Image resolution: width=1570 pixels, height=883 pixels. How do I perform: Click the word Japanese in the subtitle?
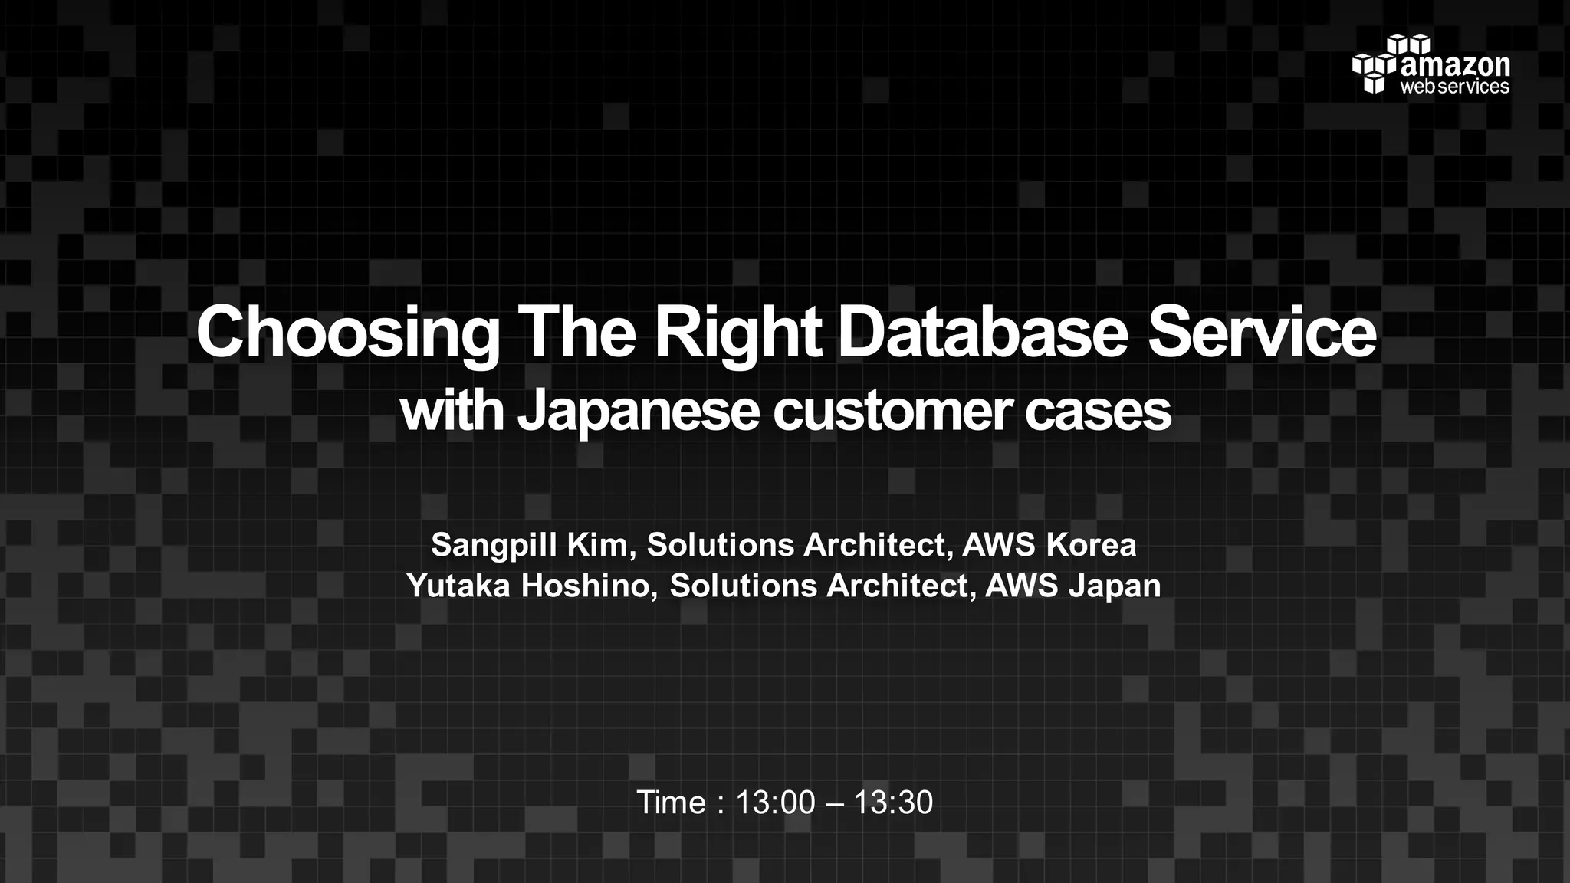(x=638, y=412)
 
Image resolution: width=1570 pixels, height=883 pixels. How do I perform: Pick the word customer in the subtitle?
(x=893, y=412)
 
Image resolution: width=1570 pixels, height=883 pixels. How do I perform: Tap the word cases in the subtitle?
(x=1098, y=412)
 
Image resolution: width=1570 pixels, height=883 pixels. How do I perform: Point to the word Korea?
(x=1091, y=545)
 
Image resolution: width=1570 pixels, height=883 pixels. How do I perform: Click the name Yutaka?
(x=458, y=586)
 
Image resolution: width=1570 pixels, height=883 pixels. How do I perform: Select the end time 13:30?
(x=893, y=803)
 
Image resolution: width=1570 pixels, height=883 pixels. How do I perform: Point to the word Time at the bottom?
(x=672, y=803)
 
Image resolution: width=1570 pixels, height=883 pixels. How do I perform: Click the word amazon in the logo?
(x=1455, y=66)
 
